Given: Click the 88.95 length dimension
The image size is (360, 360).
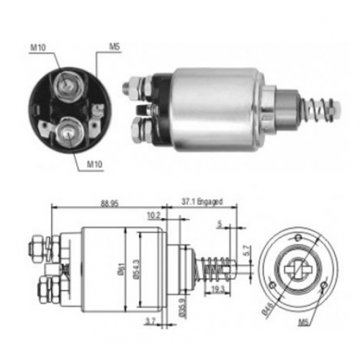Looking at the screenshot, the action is pos(109,204).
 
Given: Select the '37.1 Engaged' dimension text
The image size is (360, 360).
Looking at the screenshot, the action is pos(202,202).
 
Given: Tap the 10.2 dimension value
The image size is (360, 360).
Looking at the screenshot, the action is pos(153,215).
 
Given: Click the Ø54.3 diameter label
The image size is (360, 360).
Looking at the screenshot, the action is pos(137,269).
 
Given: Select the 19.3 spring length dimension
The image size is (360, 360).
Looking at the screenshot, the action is pos(217,289).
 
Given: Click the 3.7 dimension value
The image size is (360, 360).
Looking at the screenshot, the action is pos(150,321).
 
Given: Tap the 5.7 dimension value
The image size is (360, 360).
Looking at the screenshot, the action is pos(248,251).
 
